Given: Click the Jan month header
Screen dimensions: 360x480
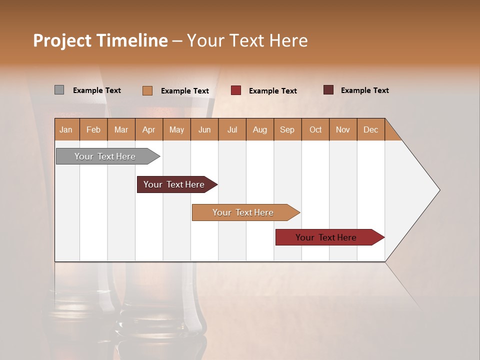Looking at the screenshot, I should (66, 129).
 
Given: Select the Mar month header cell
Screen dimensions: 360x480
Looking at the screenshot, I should (121, 129).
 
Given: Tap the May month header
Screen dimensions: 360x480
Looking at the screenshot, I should (176, 129).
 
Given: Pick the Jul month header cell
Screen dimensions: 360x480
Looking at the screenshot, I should (232, 129).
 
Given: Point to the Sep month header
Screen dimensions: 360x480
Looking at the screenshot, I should (287, 129).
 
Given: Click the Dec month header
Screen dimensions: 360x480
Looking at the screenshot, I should (370, 129).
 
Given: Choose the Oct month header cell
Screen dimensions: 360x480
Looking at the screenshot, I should (315, 129).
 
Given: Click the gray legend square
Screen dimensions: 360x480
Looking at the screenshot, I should (59, 90).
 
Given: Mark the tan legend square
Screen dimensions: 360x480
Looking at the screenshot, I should (147, 90).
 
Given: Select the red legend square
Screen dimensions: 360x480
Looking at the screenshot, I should (235, 90).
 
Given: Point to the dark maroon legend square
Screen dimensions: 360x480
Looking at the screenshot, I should (328, 90).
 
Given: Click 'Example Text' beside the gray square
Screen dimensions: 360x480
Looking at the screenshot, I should (96, 90).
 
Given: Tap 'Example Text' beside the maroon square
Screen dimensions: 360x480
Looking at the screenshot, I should (364, 90).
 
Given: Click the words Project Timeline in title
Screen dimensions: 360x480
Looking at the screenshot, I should (100, 40).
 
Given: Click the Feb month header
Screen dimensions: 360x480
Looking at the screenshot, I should (93, 129).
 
